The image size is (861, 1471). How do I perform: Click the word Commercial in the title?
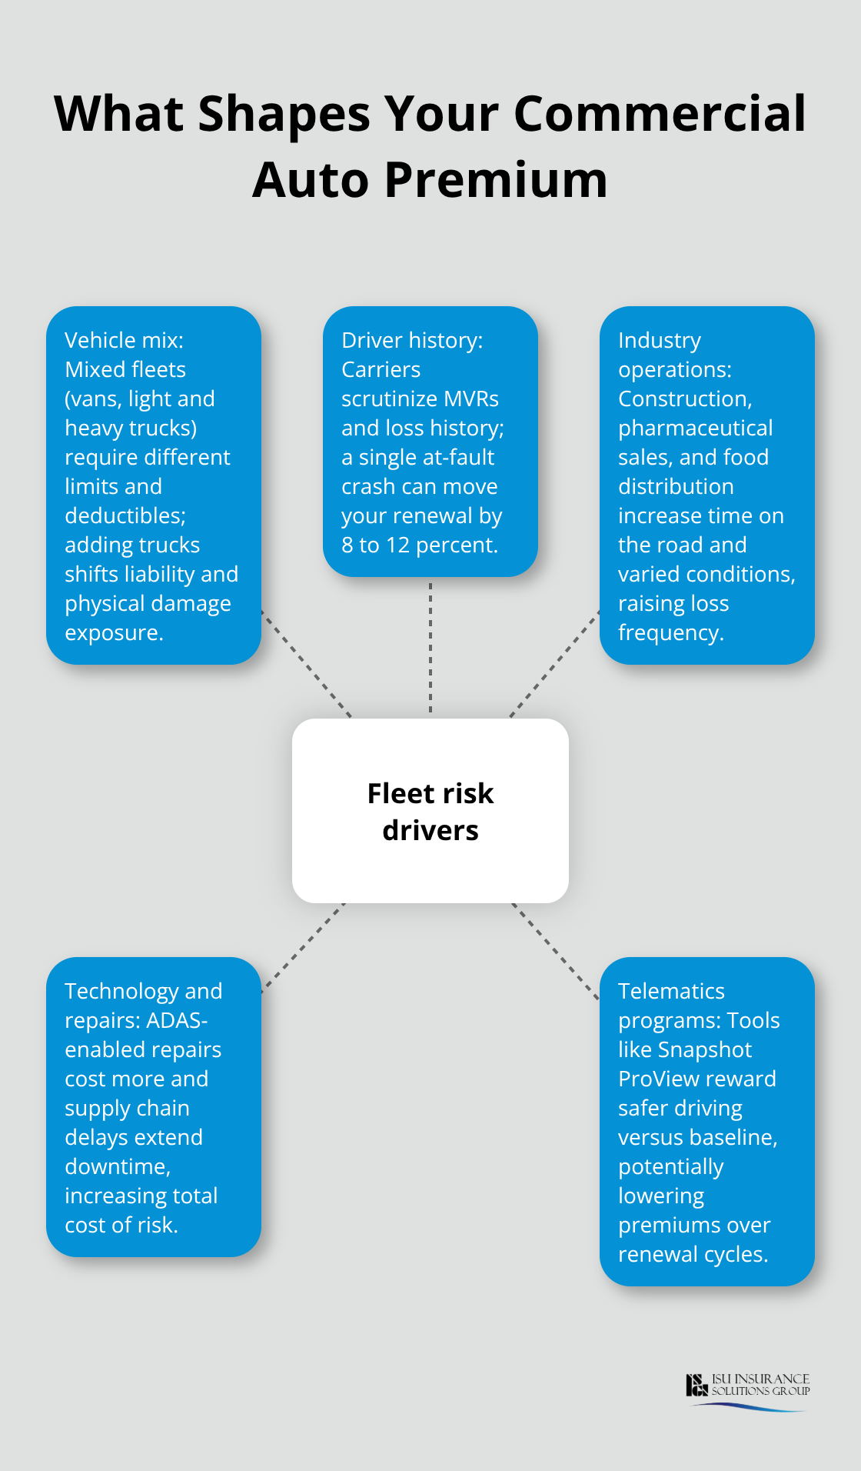click(x=660, y=114)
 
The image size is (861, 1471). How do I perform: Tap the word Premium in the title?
click(x=495, y=180)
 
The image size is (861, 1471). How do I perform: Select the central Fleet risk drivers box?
click(x=430, y=811)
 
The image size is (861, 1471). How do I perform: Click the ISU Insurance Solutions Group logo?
click(x=747, y=1390)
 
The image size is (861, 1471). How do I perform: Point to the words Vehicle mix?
click(x=124, y=340)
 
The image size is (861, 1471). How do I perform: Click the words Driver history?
click(x=412, y=340)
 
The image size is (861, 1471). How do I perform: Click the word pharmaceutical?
click(x=695, y=428)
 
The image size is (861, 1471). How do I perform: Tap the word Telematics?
click(x=671, y=991)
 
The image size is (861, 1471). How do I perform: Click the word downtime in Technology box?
click(x=117, y=1166)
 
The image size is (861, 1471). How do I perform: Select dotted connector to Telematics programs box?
click(x=555, y=951)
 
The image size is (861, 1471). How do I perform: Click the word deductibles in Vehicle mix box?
click(x=125, y=515)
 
